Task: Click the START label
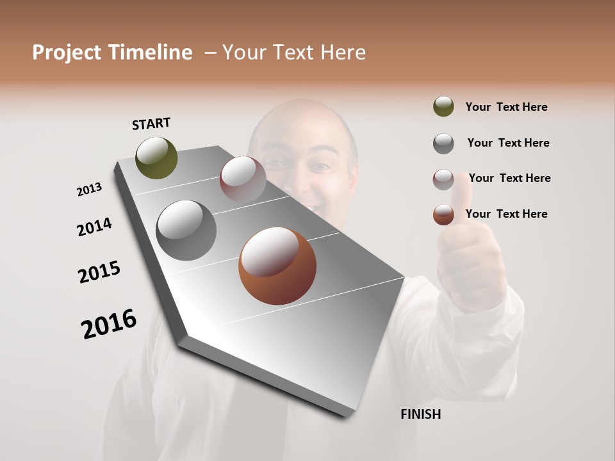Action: click(151, 124)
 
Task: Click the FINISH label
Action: click(420, 414)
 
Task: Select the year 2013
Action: click(89, 190)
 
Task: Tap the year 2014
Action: click(94, 227)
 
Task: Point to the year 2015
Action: click(99, 272)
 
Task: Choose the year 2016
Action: click(109, 323)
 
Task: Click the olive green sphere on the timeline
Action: click(157, 158)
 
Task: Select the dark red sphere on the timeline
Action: click(243, 179)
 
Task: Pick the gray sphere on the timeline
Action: click(186, 230)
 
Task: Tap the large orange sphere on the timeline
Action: click(277, 266)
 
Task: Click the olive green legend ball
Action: click(443, 106)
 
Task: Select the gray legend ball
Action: click(443, 143)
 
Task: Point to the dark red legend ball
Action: click(443, 179)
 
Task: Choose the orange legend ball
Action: click(443, 214)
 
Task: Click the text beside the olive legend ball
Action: click(506, 107)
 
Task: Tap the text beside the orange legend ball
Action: click(506, 214)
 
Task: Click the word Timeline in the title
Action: click(150, 53)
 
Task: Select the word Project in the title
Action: click(67, 53)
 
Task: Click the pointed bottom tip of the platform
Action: click(348, 416)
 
